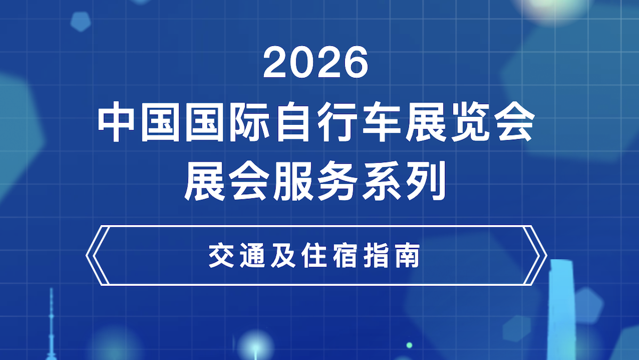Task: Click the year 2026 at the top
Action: [x=316, y=62]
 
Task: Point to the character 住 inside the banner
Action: [x=320, y=257]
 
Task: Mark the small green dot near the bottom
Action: [x=409, y=345]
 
